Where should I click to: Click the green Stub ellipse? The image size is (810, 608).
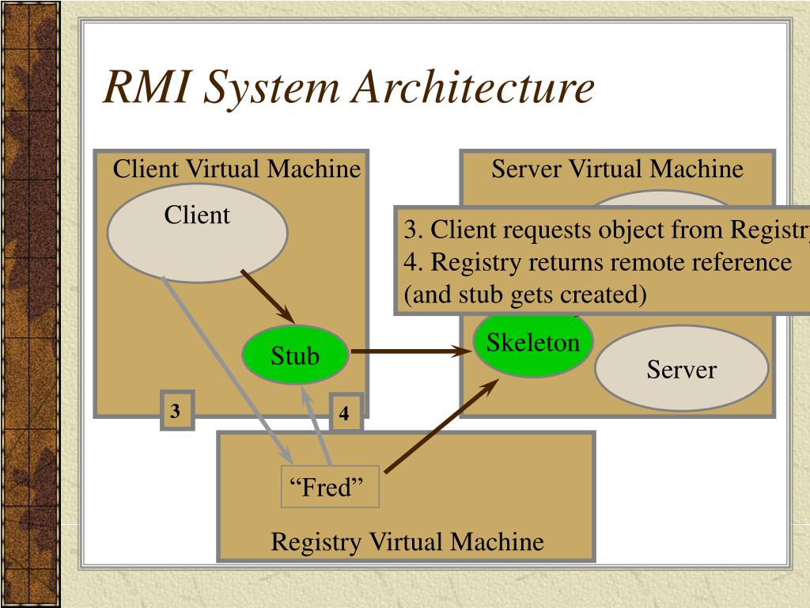[295, 355]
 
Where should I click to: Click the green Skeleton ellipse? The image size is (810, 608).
[532, 344]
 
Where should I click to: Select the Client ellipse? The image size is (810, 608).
[197, 234]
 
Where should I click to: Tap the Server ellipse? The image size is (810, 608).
[681, 369]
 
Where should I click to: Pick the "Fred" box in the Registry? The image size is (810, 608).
[331, 487]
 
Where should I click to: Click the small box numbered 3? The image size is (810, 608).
[176, 411]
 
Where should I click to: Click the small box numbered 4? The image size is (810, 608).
[345, 413]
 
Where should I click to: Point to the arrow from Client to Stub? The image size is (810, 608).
[267, 297]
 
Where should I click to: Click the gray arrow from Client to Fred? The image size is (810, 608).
[225, 368]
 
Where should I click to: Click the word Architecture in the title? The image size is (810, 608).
[472, 88]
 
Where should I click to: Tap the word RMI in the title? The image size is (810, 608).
[146, 88]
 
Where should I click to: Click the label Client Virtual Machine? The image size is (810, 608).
[237, 169]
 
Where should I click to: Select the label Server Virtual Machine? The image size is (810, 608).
[617, 169]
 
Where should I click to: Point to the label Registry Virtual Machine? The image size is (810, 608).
[407, 542]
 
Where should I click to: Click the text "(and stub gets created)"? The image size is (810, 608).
[525, 294]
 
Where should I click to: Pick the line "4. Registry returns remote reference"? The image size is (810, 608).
[598, 262]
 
